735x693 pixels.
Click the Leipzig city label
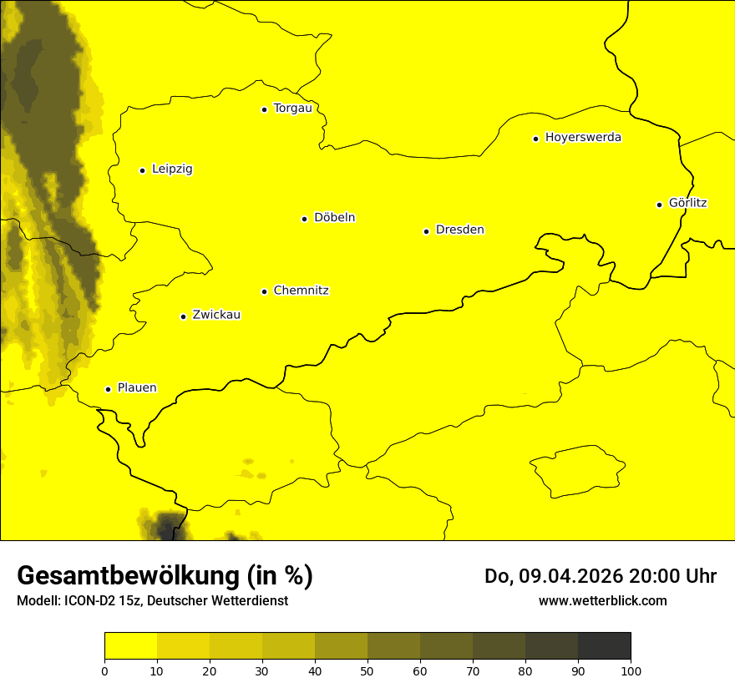tap(172, 169)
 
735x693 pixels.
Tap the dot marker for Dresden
tap(426, 231)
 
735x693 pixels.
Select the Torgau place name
tap(292, 109)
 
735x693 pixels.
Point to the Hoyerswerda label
tap(583, 138)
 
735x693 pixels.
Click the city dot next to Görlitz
tap(659, 205)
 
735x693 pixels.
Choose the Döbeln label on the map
tap(334, 218)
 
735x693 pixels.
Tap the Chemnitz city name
tap(301, 291)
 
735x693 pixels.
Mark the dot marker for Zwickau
tap(183, 316)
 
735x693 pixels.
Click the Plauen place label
tap(137, 388)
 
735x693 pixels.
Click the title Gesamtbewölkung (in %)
tap(165, 575)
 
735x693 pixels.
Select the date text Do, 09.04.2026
tap(555, 576)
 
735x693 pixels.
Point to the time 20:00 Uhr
tap(675, 576)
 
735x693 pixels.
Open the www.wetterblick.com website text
tap(602, 600)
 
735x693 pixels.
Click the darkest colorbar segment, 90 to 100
tap(604, 645)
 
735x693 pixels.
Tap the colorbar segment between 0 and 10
tap(130, 645)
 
